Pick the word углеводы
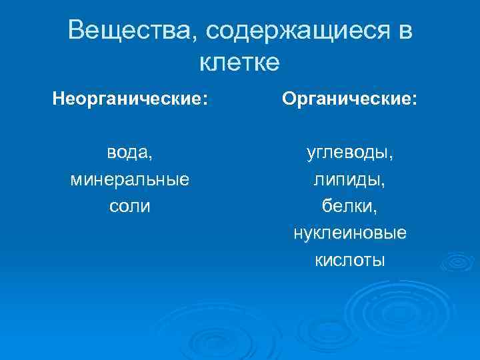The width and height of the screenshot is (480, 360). point(347,153)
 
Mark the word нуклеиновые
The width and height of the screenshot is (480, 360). point(350,233)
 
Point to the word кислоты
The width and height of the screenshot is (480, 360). point(350,259)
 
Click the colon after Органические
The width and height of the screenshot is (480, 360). point(415,101)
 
